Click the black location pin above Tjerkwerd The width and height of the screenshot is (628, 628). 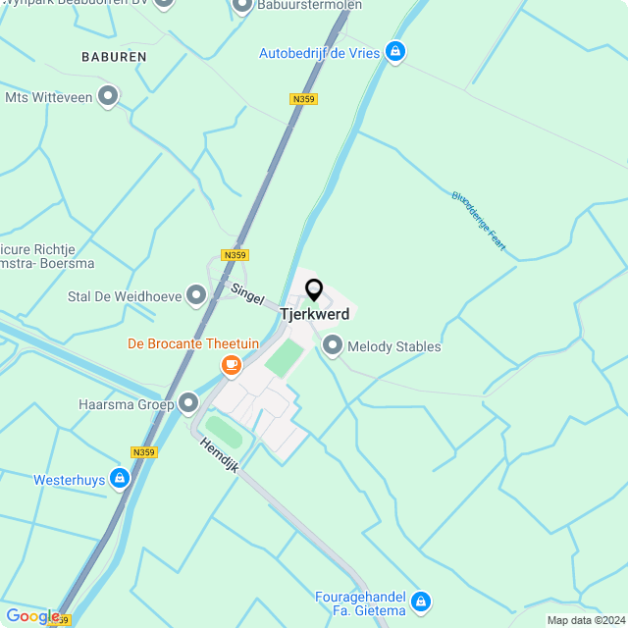314,290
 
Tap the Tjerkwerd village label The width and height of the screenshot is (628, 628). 314,314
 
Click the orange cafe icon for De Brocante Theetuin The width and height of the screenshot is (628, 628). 232,365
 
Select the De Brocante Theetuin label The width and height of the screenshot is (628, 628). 193,343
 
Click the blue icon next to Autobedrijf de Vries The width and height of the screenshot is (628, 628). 394,51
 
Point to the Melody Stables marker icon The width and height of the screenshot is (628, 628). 333,345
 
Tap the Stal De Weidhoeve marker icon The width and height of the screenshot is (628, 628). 196,294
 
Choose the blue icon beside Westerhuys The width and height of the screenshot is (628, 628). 119,479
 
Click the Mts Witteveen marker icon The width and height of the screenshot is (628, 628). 108,96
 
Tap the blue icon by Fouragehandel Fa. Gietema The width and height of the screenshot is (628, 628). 421,601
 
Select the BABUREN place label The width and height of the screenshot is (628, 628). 114,57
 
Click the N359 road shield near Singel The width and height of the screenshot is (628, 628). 235,255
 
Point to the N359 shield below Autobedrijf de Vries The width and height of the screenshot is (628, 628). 304,99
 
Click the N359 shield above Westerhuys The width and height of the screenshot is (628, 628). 144,452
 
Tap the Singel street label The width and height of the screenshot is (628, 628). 247,292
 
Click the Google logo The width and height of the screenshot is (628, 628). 33,616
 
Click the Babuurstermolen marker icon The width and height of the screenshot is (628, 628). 242,6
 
